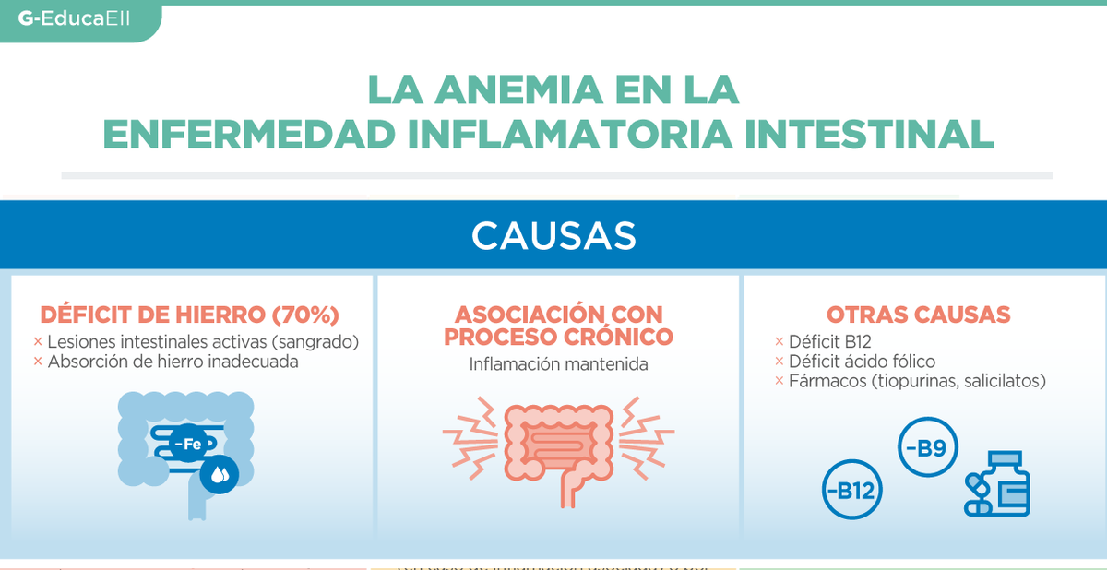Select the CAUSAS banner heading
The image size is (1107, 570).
point(553,236)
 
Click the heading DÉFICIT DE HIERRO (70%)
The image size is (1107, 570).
point(190,315)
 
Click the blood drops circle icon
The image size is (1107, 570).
point(220,474)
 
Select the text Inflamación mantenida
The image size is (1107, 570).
point(558,364)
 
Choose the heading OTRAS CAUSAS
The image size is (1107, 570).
point(918,315)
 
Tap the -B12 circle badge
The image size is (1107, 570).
point(852,490)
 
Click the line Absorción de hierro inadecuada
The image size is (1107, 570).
point(173,362)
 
